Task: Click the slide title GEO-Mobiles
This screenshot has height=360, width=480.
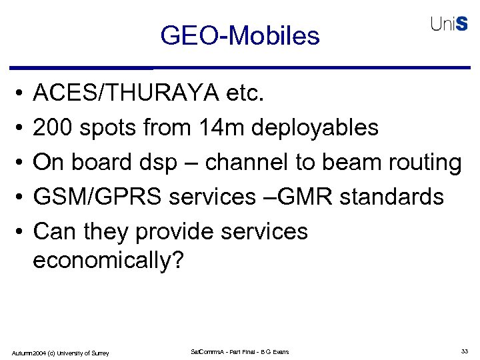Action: coord(240,35)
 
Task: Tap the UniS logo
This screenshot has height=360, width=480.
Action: coord(449,24)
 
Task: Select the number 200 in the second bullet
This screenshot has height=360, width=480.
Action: coord(53,127)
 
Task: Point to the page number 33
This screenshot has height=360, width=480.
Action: coord(464,351)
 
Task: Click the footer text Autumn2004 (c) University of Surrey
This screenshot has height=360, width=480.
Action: coord(61,352)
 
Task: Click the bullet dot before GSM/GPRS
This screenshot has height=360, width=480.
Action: coord(21,197)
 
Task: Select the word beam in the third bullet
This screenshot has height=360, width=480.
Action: coord(351,162)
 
